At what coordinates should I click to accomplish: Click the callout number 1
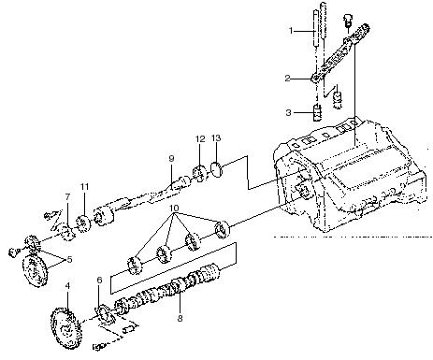tap(291, 31)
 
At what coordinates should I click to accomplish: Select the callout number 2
tap(287, 78)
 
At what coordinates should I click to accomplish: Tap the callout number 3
tap(288, 112)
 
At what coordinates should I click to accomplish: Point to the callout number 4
tap(67, 286)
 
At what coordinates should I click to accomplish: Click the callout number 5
tap(69, 259)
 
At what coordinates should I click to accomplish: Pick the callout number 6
tap(99, 280)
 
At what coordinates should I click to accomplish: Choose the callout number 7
tap(67, 197)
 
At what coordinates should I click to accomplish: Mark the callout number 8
tap(180, 318)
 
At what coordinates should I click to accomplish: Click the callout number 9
tap(171, 158)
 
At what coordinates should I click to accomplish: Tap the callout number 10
tap(175, 208)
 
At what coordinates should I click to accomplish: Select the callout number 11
tap(84, 187)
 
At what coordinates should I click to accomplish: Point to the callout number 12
tap(200, 138)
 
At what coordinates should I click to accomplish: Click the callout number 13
tap(216, 137)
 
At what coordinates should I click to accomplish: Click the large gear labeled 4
tap(65, 328)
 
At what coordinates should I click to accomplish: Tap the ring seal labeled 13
tap(216, 168)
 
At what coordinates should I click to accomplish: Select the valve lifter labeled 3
tap(317, 113)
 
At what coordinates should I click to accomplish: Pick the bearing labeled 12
tap(200, 173)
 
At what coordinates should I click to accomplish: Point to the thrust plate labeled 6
tap(104, 315)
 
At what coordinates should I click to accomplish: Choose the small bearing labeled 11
tap(83, 223)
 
